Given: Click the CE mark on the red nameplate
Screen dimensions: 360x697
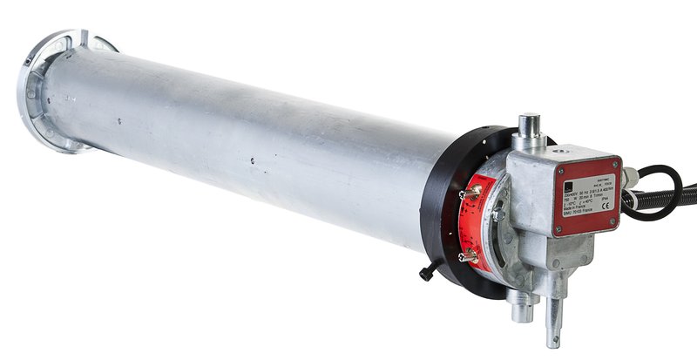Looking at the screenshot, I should [x=605, y=206].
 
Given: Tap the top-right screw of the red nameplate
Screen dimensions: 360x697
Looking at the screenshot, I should [x=614, y=163].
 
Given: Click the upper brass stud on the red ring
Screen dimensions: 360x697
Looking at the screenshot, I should [x=475, y=194].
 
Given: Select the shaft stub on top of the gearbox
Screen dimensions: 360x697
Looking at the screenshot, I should [x=529, y=131].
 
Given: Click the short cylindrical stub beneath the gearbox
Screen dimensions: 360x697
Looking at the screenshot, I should [x=520, y=305].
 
